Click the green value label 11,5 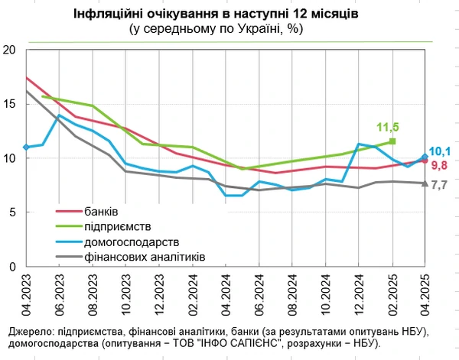pyautogui.click(x=389, y=127)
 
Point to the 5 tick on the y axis pyautogui.click(x=13, y=213)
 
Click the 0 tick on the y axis pyautogui.click(x=13, y=268)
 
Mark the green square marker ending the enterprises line pyautogui.click(x=392, y=141)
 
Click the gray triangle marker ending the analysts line pyautogui.click(x=425, y=183)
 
